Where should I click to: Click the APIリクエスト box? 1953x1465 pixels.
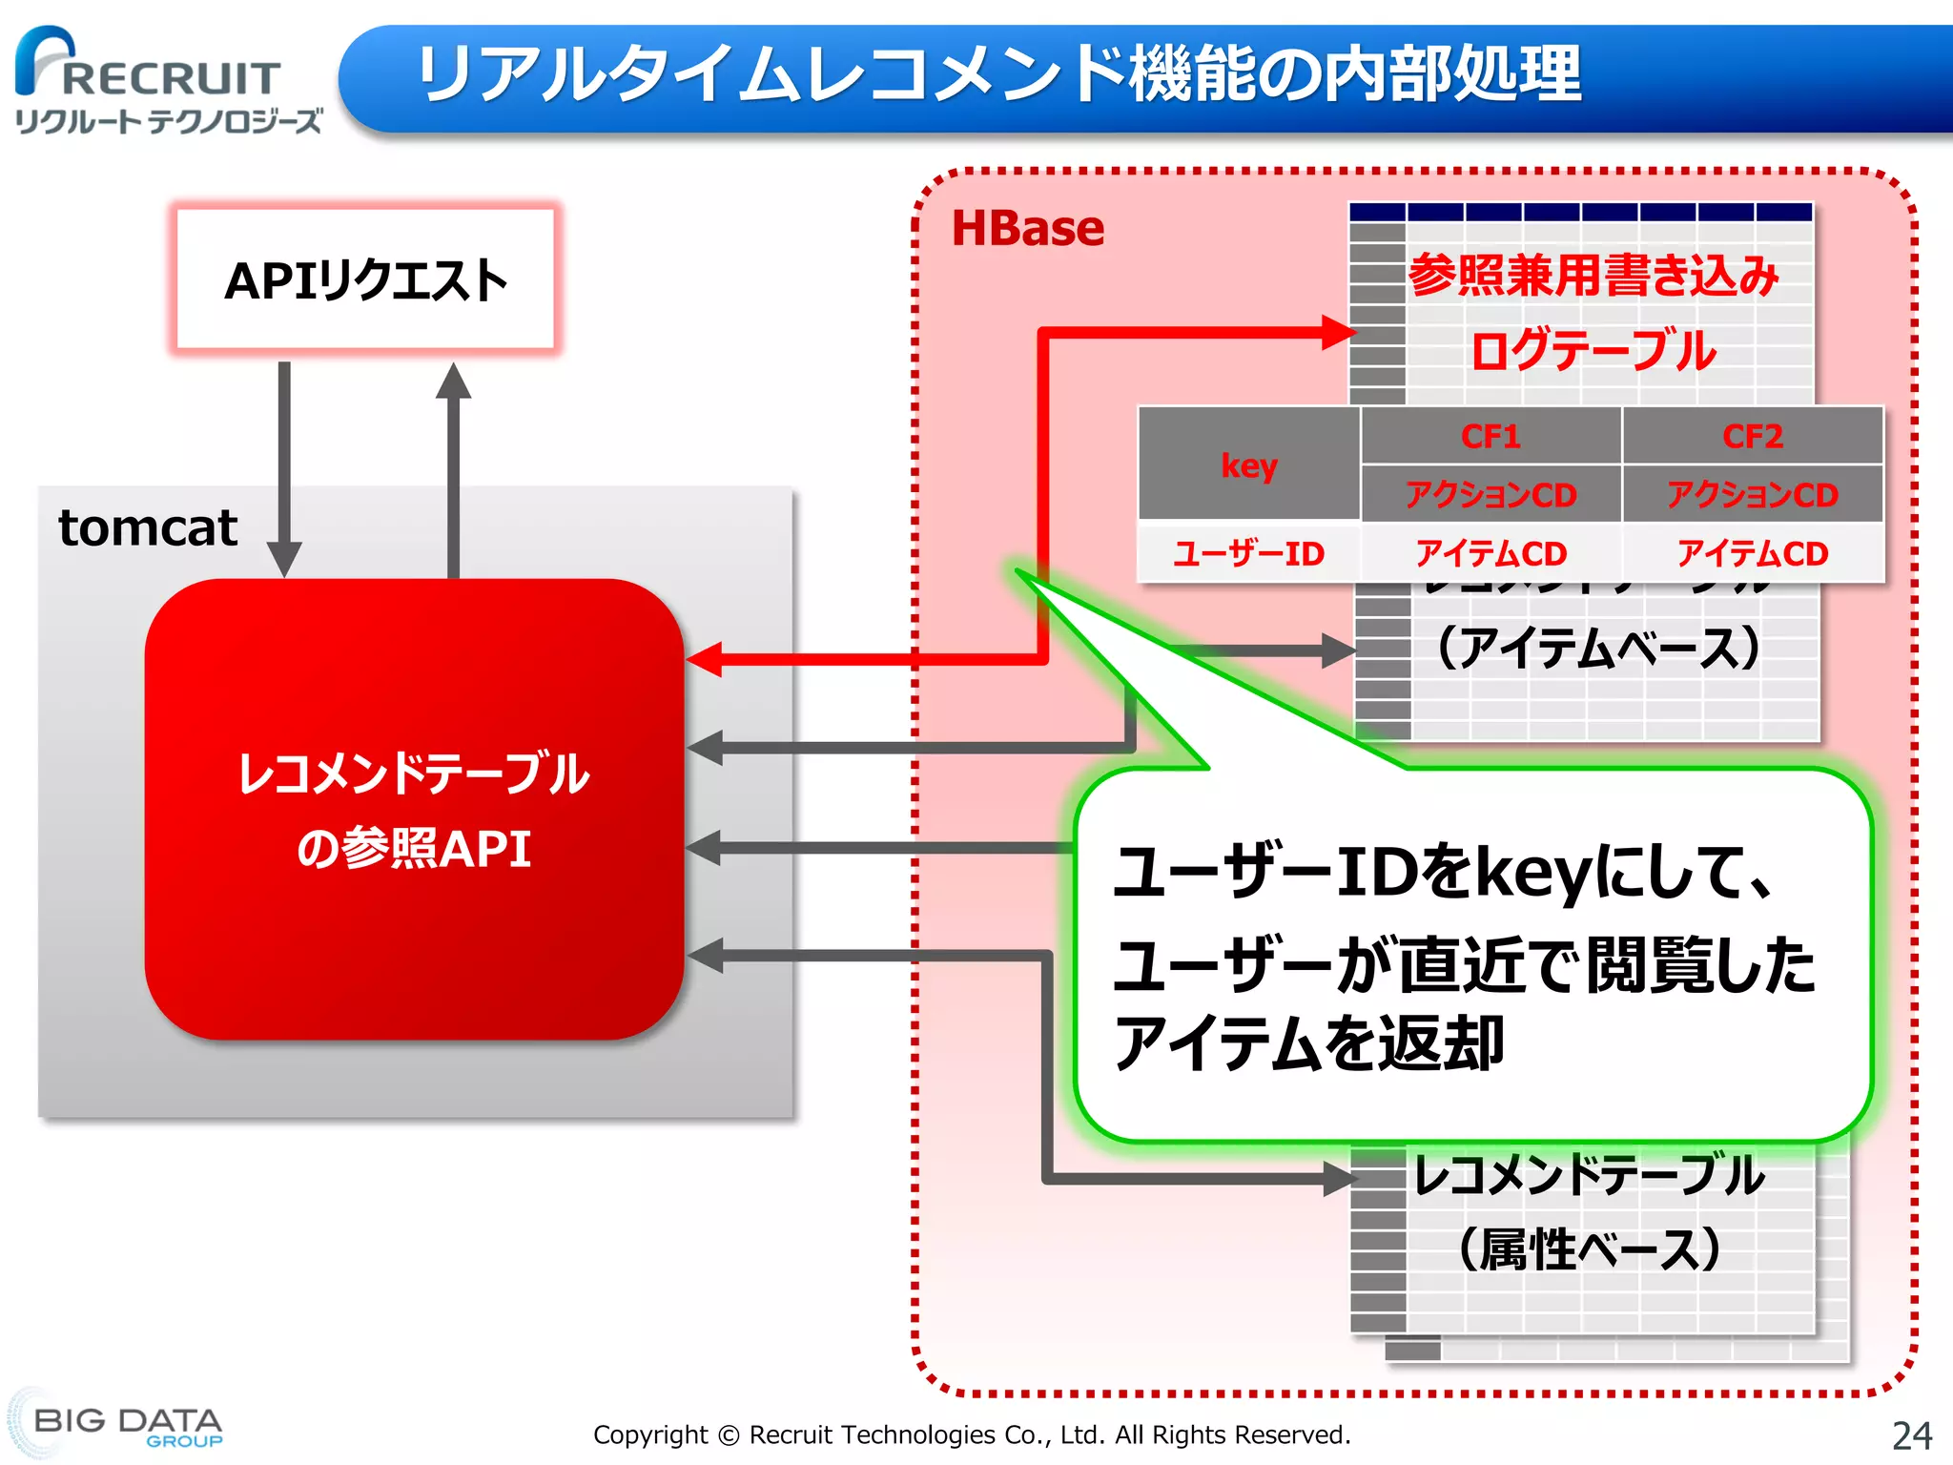(x=365, y=280)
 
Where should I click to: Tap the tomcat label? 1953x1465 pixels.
(x=148, y=527)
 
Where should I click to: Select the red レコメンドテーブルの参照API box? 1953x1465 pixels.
(x=414, y=809)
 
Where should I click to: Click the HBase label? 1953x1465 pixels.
(x=1027, y=229)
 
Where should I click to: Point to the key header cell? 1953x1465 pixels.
(x=1248, y=464)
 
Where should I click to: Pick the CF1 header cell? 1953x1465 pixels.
(x=1490, y=436)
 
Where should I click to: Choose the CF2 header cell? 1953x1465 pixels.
(x=1752, y=436)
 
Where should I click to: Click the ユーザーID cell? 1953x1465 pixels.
(x=1248, y=553)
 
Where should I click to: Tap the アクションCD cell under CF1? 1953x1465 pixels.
(x=1490, y=494)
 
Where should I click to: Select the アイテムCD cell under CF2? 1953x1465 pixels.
(x=1752, y=553)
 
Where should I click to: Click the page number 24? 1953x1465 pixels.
(x=1911, y=1435)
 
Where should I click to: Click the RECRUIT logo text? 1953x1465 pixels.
(x=170, y=78)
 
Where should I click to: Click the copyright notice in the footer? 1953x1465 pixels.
(x=972, y=1434)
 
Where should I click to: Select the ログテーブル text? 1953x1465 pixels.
(x=1593, y=351)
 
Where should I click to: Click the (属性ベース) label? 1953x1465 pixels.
(x=1590, y=1249)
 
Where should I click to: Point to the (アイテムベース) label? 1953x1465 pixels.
(x=1597, y=649)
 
